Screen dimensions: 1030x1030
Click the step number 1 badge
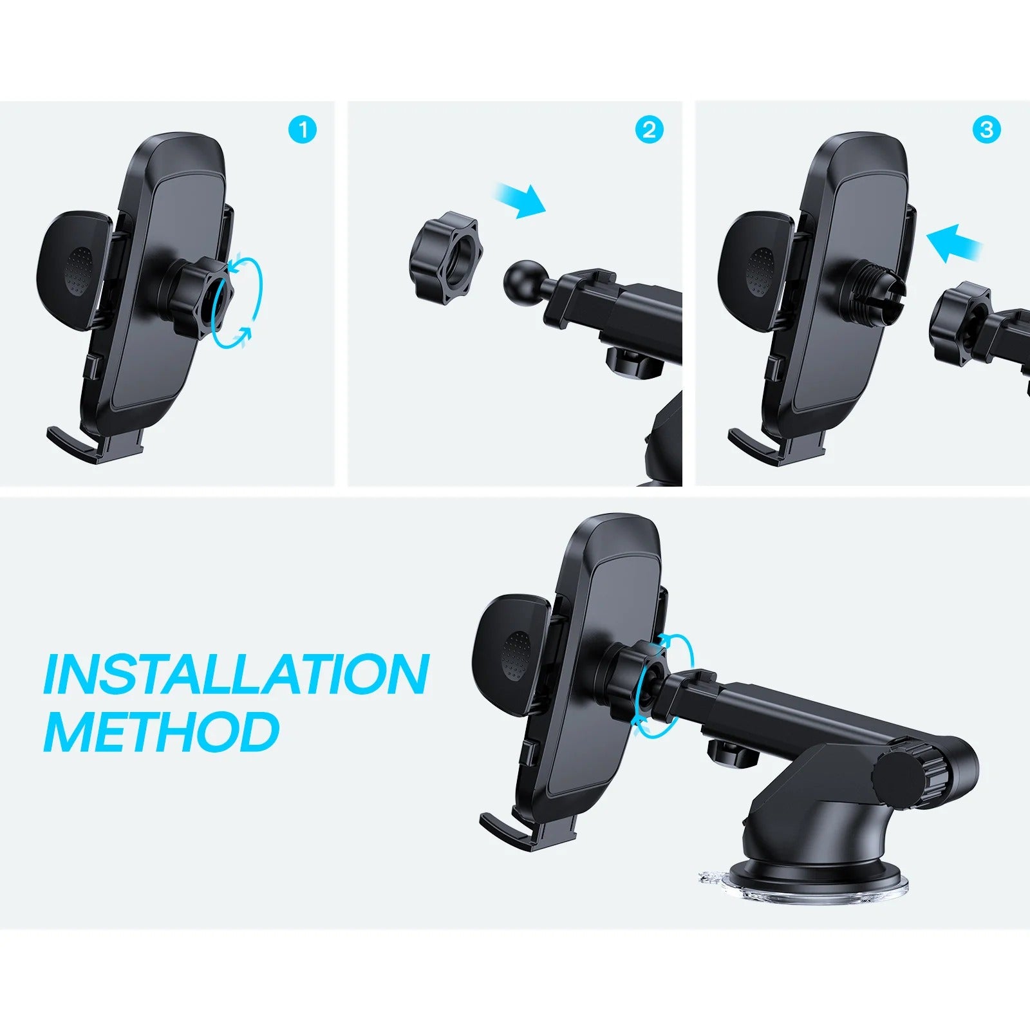(303, 131)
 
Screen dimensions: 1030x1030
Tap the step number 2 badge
(649, 131)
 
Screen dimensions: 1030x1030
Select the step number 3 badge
(986, 131)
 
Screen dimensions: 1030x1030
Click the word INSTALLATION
(236, 674)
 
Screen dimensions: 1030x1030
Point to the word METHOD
(162, 732)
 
